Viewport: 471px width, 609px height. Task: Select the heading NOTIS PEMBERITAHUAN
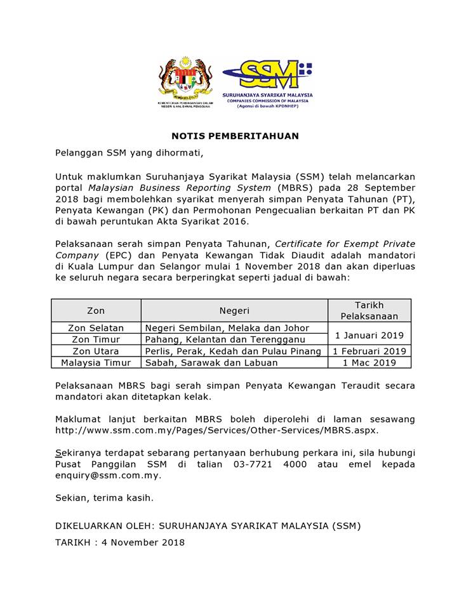(235, 136)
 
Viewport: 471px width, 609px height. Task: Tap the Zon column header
(96, 310)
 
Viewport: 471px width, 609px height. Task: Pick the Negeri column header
(234, 310)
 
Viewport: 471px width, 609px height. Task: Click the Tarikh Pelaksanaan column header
(369, 310)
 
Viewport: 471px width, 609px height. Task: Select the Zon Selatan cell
(96, 328)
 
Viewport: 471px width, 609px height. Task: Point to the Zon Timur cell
(96, 339)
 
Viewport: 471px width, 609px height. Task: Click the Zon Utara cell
(96, 351)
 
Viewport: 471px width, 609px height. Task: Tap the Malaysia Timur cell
(96, 362)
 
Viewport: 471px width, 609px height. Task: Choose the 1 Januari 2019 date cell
(369, 334)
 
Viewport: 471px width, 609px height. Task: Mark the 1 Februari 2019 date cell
(369, 351)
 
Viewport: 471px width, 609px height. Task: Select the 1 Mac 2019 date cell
(369, 362)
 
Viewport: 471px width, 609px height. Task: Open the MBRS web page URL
(216, 430)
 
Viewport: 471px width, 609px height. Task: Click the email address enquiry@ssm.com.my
(108, 475)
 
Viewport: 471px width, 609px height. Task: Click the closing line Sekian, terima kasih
(104, 498)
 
